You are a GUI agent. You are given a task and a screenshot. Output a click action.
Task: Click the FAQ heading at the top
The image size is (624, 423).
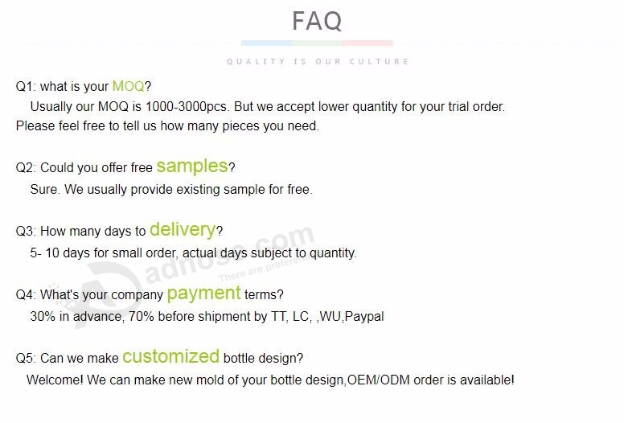(317, 21)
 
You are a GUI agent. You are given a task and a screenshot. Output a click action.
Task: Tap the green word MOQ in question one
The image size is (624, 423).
(128, 86)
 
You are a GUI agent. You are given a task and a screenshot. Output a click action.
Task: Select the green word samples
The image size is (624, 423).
(192, 166)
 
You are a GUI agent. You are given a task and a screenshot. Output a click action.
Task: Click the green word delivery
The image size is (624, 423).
(183, 230)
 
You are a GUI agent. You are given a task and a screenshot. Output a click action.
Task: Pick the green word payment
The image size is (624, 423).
(203, 294)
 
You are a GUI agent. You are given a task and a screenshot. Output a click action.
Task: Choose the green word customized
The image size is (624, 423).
(170, 356)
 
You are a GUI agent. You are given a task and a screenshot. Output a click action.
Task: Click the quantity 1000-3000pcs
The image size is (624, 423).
(187, 107)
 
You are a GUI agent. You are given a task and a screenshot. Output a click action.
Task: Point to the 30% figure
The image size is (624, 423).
(43, 316)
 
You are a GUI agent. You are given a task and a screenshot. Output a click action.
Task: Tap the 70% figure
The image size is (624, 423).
(142, 316)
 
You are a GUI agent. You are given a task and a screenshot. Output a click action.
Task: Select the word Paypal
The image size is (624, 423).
(364, 317)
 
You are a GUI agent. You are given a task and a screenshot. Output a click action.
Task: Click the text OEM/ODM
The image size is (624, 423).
(379, 380)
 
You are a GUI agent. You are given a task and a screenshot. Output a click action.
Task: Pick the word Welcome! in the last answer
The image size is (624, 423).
(55, 380)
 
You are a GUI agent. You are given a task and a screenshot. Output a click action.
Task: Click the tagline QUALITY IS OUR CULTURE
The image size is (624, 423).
(318, 62)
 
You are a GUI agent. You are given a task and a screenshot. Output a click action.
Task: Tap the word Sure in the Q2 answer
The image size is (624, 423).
(44, 190)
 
